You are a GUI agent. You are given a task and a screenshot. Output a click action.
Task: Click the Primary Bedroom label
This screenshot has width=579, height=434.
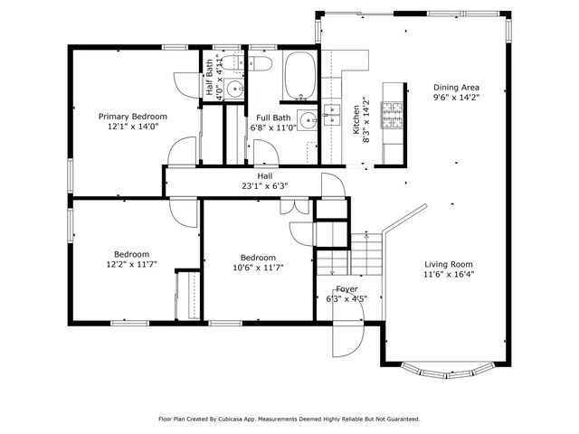tap(132, 116)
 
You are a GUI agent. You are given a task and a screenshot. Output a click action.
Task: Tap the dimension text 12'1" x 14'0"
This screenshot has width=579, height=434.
tap(132, 127)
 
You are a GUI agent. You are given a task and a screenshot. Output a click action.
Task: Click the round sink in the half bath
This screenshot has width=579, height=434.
tap(234, 89)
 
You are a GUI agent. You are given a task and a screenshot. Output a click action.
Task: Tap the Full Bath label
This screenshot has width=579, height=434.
tap(273, 118)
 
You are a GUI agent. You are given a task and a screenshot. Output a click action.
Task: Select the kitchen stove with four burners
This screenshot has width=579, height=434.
tap(393, 115)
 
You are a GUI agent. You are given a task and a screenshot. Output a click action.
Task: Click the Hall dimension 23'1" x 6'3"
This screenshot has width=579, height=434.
tap(264, 187)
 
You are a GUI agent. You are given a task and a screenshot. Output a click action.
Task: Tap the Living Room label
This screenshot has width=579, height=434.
tap(449, 264)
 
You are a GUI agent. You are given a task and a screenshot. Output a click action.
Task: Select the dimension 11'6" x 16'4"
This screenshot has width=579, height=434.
tap(449, 276)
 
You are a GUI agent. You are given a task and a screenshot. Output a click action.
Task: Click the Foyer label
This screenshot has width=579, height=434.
tap(346, 288)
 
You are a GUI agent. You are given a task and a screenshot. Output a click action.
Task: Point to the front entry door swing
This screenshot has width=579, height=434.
tap(347, 339)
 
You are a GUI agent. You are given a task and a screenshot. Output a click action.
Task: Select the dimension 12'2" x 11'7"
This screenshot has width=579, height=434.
tap(131, 266)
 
